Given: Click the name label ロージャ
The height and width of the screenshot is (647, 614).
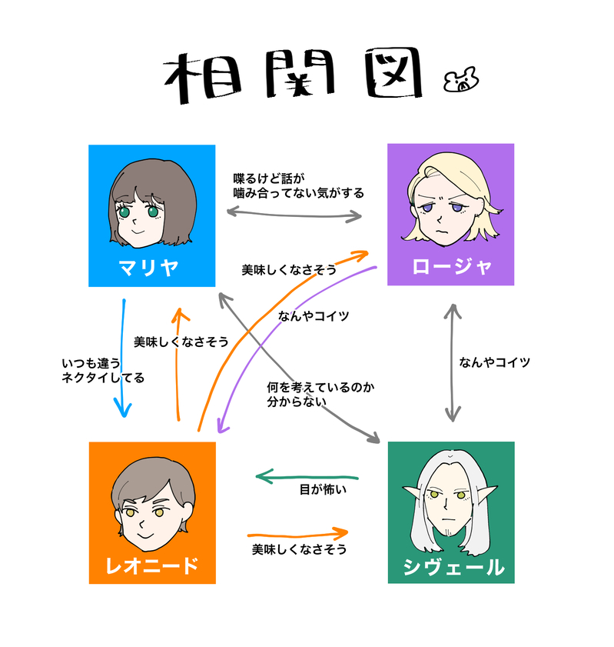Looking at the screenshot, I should click(x=451, y=267).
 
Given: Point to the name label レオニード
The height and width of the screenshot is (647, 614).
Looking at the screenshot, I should click(x=152, y=566).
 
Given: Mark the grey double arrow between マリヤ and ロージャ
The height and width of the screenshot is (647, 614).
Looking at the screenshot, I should click(x=294, y=215).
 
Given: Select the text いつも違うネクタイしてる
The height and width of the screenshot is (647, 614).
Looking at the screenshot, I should click(x=102, y=370).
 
